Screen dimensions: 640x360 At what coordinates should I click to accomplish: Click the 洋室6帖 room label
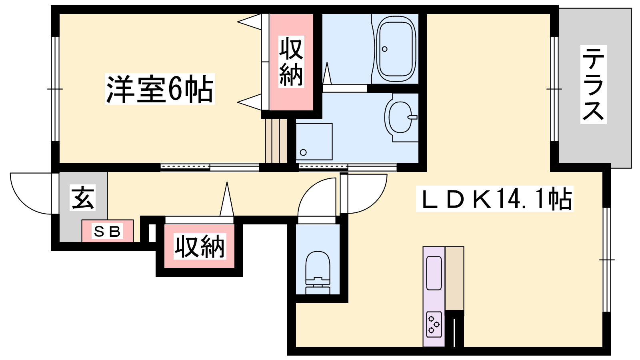click(x=160, y=89)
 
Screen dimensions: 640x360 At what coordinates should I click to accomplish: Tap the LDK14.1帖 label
click(x=494, y=199)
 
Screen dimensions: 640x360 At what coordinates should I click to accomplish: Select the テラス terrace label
click(x=594, y=84)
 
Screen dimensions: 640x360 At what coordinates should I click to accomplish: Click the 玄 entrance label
click(x=82, y=198)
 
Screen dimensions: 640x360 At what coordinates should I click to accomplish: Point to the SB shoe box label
click(x=108, y=231)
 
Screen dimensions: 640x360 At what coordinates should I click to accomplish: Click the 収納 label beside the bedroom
click(x=291, y=62)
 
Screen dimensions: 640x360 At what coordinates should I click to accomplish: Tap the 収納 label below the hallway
click(x=200, y=246)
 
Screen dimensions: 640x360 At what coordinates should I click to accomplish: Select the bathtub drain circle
click(x=384, y=49)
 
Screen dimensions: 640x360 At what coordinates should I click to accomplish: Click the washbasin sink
click(x=400, y=117)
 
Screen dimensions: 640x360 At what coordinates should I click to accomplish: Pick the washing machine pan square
click(x=314, y=142)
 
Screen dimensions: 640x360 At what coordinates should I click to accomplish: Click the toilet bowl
click(x=318, y=273)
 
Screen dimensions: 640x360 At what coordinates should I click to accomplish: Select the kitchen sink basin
click(x=434, y=273)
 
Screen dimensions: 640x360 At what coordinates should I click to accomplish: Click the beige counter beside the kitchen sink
click(x=454, y=278)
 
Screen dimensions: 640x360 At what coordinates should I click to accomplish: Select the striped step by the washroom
click(x=276, y=141)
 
